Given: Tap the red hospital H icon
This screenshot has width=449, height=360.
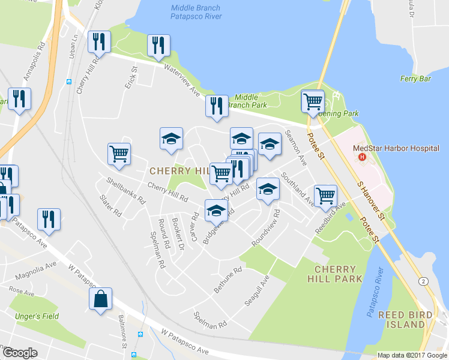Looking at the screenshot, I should click(362, 157).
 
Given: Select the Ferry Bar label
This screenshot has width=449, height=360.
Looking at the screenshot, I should click(417, 79).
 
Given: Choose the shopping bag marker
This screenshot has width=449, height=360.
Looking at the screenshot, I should click(100, 298).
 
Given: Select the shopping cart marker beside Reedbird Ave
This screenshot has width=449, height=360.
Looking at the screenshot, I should click(325, 194).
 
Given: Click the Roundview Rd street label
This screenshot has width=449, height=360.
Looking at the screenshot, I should click(267, 226).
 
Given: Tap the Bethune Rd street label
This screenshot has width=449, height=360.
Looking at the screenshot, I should click(228, 280).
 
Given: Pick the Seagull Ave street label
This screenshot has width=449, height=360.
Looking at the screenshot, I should click(256, 291).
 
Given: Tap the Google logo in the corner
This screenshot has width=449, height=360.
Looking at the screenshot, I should click(20, 353).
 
